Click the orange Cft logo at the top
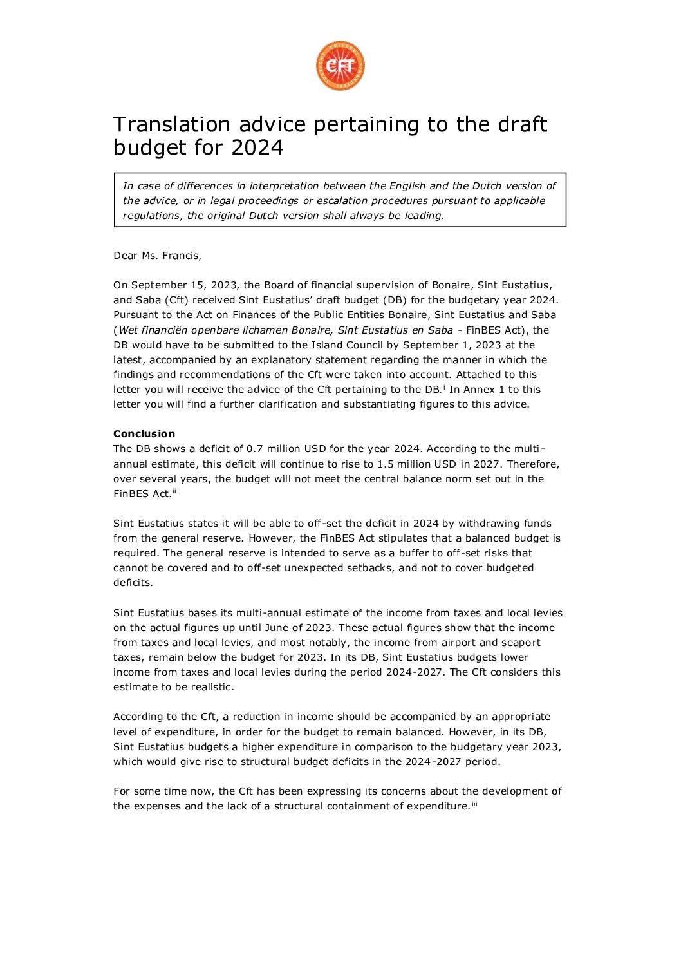(340, 66)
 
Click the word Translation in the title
(171, 124)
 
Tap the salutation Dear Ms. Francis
(157, 256)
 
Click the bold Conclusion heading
(144, 434)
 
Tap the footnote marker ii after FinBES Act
(174, 492)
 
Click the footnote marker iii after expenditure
(474, 804)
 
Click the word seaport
(520, 643)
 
